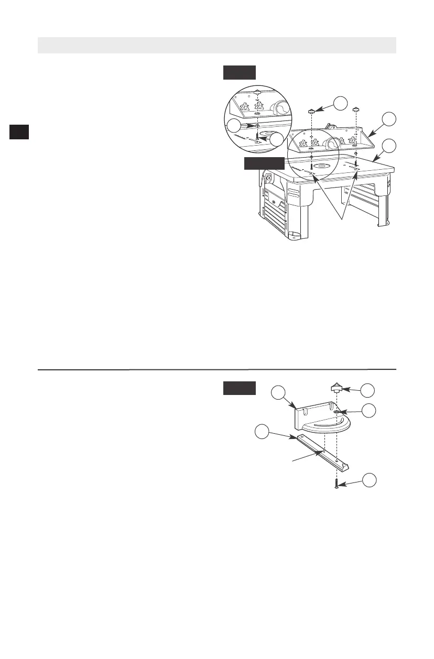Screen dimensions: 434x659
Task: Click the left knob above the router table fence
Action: click(311, 111)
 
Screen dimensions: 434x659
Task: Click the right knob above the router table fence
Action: click(356, 109)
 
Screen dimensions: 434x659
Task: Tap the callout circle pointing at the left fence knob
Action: click(342, 103)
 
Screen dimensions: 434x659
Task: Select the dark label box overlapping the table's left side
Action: click(264, 163)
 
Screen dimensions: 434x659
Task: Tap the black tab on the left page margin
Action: click(19, 131)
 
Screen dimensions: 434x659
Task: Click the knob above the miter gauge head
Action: click(335, 389)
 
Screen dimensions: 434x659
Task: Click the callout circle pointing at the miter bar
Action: click(263, 432)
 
